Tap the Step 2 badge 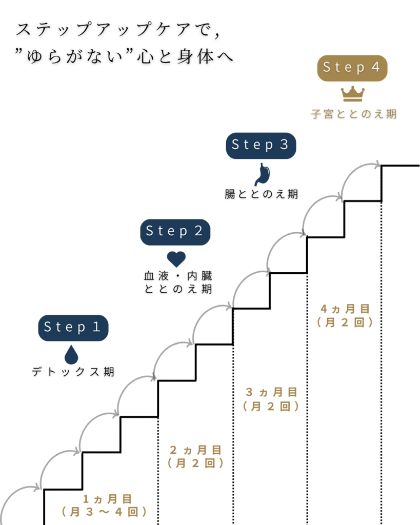(x=175, y=231)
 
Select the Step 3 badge (x=261, y=145)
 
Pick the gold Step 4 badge (x=352, y=68)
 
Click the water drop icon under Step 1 (x=72, y=354)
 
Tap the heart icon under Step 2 (x=176, y=258)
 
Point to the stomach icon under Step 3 (x=262, y=174)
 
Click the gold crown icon (x=353, y=93)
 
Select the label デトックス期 (x=72, y=372)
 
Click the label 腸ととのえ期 (x=261, y=194)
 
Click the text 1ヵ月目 (x=108, y=498)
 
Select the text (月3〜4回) (x=105, y=512)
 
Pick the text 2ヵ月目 (x=195, y=450)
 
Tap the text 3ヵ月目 (x=271, y=393)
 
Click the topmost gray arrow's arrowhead (x=378, y=165)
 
